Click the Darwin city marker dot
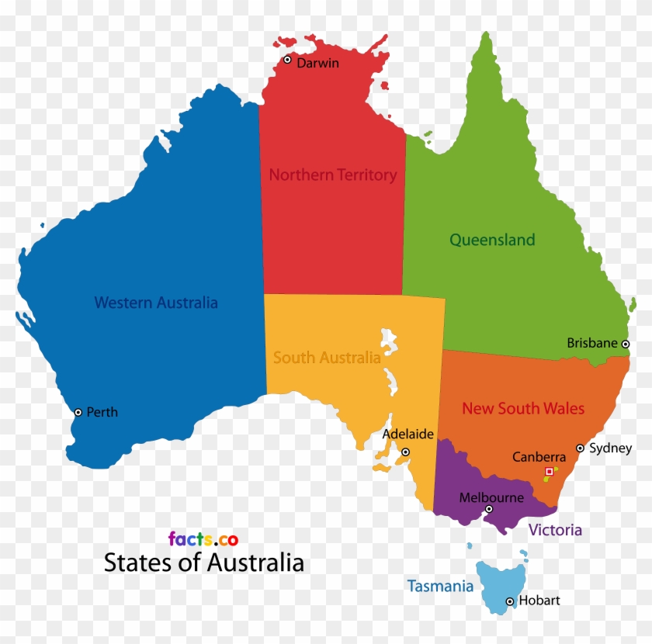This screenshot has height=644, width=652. pos(287,60)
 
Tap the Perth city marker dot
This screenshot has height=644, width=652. pos(78,412)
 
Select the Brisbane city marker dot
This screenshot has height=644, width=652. pos(626,344)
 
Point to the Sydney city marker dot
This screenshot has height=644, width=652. pos(580,448)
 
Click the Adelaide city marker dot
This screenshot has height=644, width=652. pos(405,452)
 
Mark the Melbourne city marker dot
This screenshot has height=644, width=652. pos(489,509)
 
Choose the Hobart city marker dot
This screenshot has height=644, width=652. pos(510,601)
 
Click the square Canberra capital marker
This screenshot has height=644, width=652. pos(550,471)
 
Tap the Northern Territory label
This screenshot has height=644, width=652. pos(332,175)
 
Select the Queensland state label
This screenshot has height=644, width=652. pos(492,240)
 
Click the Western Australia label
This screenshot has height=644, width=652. pos(155,303)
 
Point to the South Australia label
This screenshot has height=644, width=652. pos(327,358)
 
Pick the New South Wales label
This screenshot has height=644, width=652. pos(523,408)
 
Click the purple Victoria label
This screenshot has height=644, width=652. pos(555,531)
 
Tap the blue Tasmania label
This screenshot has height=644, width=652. pos(440,587)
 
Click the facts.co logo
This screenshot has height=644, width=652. pos(203,539)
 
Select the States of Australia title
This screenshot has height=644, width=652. pos(203,563)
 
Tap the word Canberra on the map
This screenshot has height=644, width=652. pos(539,458)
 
